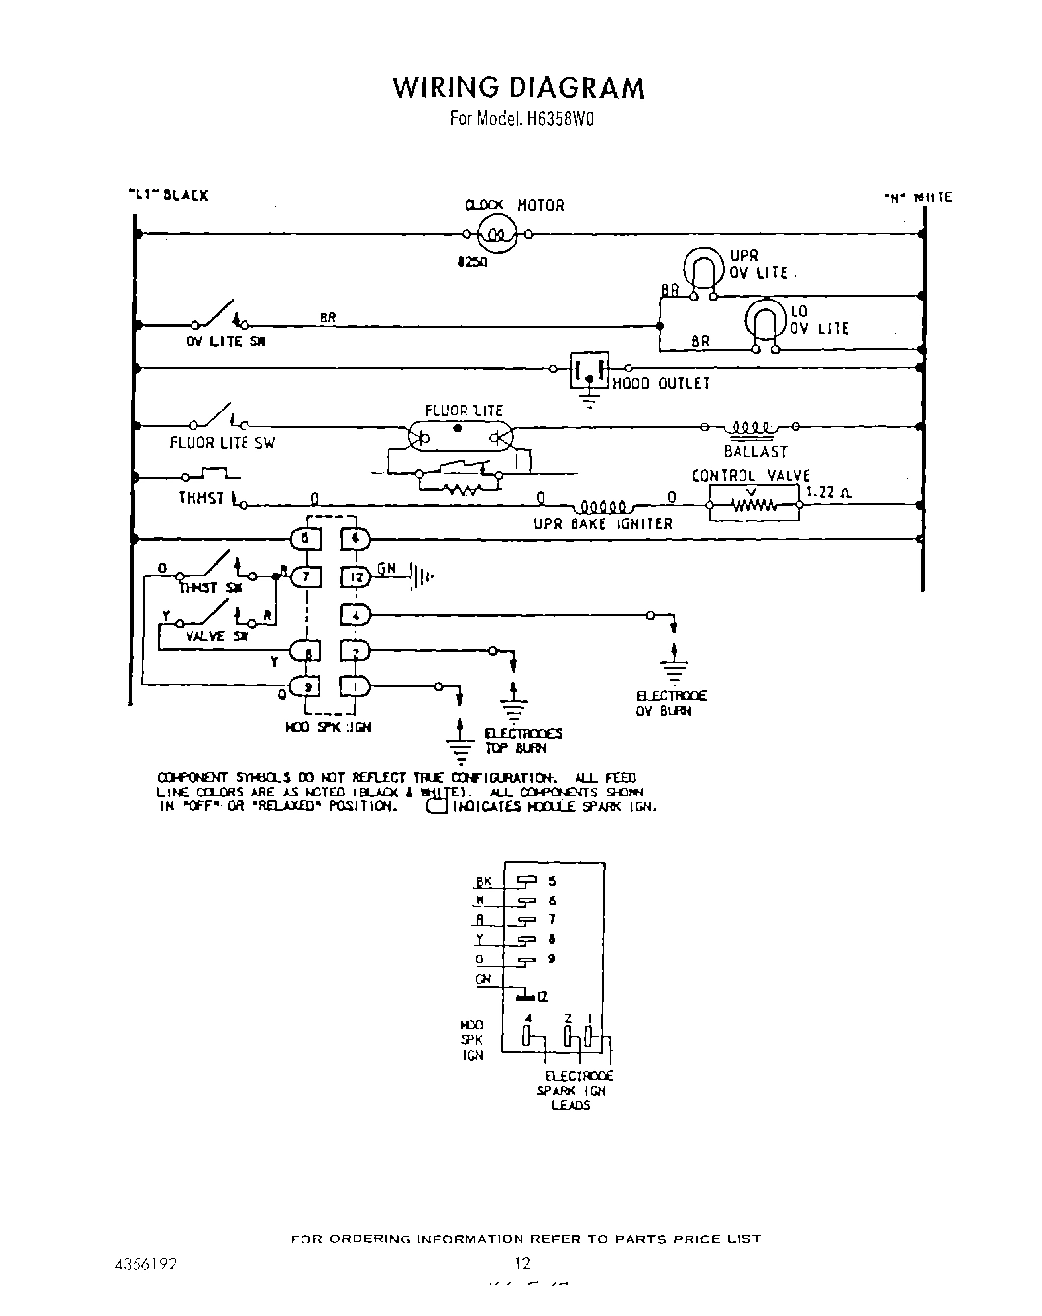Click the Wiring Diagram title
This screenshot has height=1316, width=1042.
point(519,87)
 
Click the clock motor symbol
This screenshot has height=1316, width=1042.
point(497,234)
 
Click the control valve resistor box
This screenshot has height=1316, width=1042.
point(754,506)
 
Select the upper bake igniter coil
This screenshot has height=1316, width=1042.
point(599,507)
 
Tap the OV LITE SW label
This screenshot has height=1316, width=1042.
point(226,342)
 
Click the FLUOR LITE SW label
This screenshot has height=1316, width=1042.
point(222,443)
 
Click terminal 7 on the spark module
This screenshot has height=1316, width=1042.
point(305,576)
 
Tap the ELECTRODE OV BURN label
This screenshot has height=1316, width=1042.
point(671,703)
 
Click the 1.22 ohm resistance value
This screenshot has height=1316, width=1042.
point(828,492)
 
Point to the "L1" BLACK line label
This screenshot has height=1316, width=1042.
point(168,195)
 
